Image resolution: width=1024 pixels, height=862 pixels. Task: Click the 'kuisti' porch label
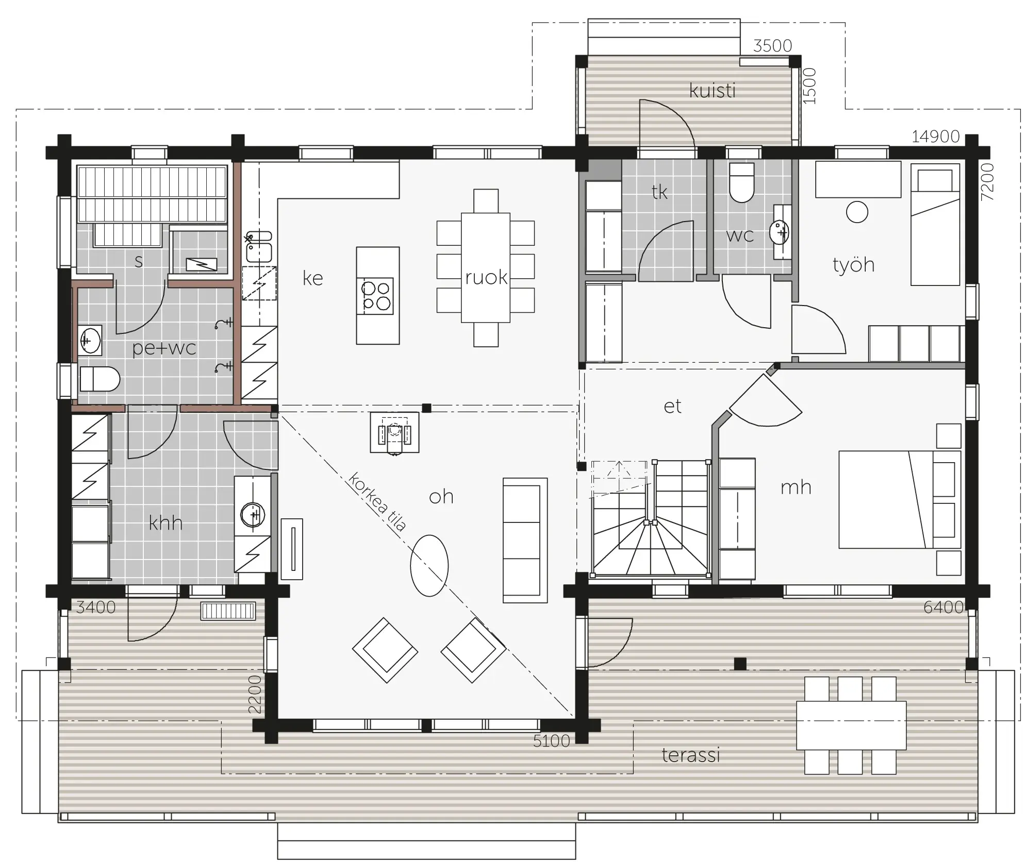712,91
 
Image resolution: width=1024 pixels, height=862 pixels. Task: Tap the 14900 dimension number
935,137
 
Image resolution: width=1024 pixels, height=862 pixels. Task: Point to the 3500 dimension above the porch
772,46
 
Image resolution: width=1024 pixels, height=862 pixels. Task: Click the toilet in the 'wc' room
742,182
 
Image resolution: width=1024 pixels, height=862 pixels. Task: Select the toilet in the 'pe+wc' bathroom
100,380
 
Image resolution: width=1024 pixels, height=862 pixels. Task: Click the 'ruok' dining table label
486,277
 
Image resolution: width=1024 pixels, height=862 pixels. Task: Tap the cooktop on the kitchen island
377,296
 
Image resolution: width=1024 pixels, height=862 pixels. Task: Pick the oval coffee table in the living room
429,566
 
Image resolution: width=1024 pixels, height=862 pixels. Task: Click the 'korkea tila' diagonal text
377,501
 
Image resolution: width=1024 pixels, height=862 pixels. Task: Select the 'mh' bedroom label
796,487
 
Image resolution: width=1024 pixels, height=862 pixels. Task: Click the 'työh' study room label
853,264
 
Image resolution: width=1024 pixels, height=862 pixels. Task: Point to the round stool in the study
857,212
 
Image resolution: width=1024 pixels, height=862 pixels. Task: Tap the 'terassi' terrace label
690,755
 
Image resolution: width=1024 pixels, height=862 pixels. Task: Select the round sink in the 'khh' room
253,515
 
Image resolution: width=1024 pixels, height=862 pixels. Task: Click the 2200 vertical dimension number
255,694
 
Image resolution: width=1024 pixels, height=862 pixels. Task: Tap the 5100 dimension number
551,741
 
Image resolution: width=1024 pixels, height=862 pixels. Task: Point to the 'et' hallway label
672,407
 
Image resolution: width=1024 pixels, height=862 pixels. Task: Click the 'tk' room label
659,192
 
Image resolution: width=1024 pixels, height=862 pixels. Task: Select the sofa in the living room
525,540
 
